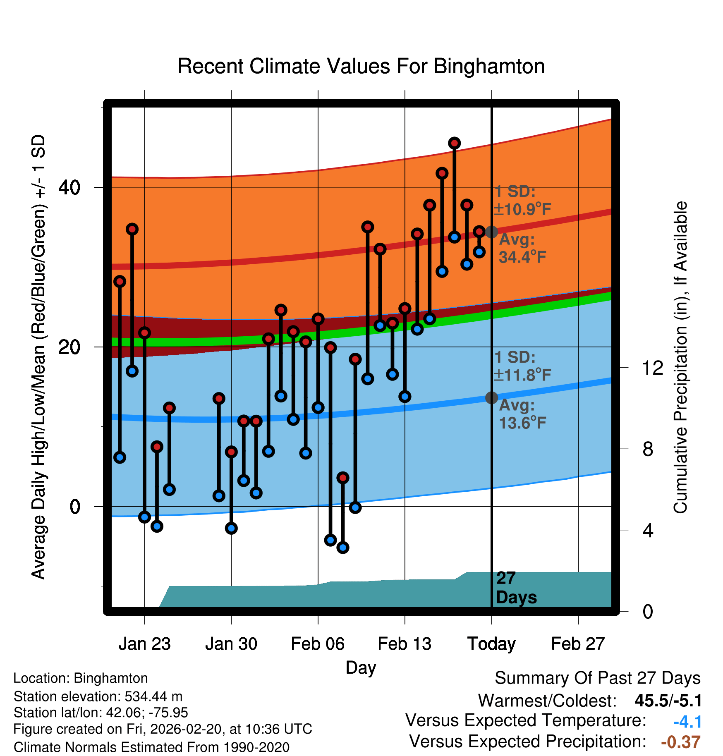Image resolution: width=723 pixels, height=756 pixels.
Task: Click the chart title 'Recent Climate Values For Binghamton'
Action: [x=361, y=67]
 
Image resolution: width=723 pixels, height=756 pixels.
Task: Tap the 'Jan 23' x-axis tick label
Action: [x=144, y=644]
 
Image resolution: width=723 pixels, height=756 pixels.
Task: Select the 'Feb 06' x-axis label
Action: [x=318, y=644]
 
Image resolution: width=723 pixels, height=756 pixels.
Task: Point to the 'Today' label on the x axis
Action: [x=491, y=644]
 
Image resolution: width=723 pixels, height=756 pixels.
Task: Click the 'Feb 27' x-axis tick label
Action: [x=578, y=644]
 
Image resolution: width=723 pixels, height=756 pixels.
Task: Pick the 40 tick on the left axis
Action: [x=69, y=187]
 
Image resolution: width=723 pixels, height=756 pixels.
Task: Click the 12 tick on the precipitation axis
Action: [x=653, y=368]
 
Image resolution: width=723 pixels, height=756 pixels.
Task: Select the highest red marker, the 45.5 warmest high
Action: [x=455, y=143]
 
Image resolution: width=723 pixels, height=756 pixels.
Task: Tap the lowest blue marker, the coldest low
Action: [x=343, y=548]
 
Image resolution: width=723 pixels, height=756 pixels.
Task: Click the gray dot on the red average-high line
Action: [x=491, y=232]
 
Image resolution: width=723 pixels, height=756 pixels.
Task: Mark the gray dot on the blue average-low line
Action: [x=491, y=398]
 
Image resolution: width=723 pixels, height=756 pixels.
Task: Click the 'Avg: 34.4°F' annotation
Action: [x=522, y=249]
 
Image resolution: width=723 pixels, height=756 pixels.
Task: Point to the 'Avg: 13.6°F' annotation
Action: [x=522, y=414]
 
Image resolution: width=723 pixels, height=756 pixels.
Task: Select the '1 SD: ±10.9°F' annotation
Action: [x=522, y=201]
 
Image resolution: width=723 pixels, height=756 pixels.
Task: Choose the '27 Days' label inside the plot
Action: [x=516, y=588]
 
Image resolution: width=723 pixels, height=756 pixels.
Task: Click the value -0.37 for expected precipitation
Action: [x=681, y=742]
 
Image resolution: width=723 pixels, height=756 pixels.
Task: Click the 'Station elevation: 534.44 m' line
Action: [x=98, y=696]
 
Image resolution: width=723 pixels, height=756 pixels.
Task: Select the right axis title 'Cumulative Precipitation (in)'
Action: [x=681, y=357]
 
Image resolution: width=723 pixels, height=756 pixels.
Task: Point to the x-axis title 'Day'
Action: [x=361, y=667]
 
